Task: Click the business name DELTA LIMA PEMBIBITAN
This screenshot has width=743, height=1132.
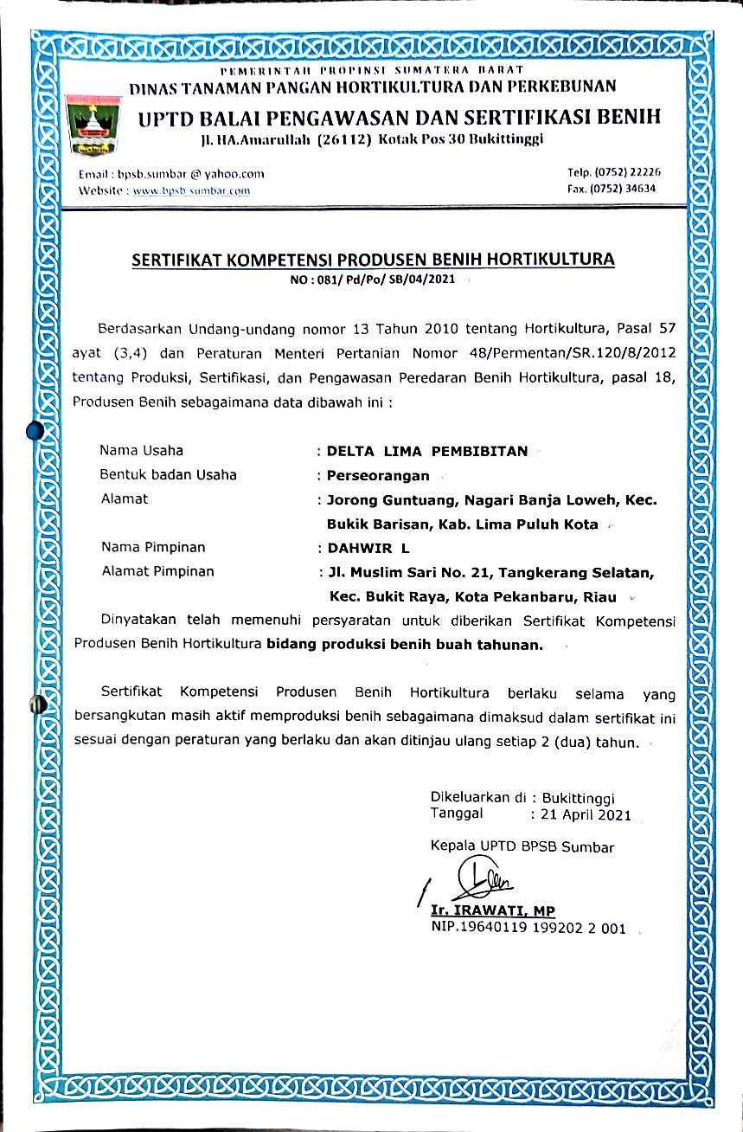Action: tap(426, 451)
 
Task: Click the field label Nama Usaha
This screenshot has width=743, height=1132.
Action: tap(141, 450)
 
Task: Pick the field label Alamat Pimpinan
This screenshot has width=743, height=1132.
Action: tap(157, 571)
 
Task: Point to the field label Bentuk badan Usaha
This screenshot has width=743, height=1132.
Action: tap(168, 474)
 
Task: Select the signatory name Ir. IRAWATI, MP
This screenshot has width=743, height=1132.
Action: tap(493, 910)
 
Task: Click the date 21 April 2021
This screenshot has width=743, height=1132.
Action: tap(586, 815)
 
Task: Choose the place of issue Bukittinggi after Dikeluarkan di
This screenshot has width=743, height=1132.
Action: tap(584, 797)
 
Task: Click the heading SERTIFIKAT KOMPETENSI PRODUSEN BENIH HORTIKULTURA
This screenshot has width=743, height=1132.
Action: tap(372, 259)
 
